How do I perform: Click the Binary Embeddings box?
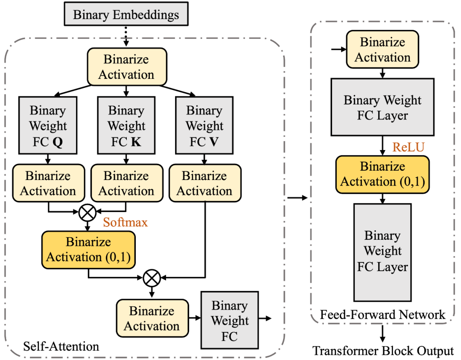tap(126, 15)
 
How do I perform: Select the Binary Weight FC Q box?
tap(48, 125)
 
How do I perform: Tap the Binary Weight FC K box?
tap(126, 125)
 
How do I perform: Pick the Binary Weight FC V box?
tap(204, 125)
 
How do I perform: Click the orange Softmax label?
tap(125, 222)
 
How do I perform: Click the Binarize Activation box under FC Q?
tap(48, 183)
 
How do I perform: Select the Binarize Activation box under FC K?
tap(126, 183)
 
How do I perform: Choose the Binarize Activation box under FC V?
tap(205, 183)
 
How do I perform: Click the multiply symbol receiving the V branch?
tap(152, 278)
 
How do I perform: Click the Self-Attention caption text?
tap(61, 345)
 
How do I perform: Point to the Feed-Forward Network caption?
tap(382, 315)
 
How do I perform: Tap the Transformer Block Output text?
tap(382, 351)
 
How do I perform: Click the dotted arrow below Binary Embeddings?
tap(126, 36)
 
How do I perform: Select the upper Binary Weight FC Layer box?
tap(382, 108)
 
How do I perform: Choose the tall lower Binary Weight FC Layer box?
tap(382, 252)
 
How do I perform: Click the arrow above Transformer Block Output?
tap(382, 333)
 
